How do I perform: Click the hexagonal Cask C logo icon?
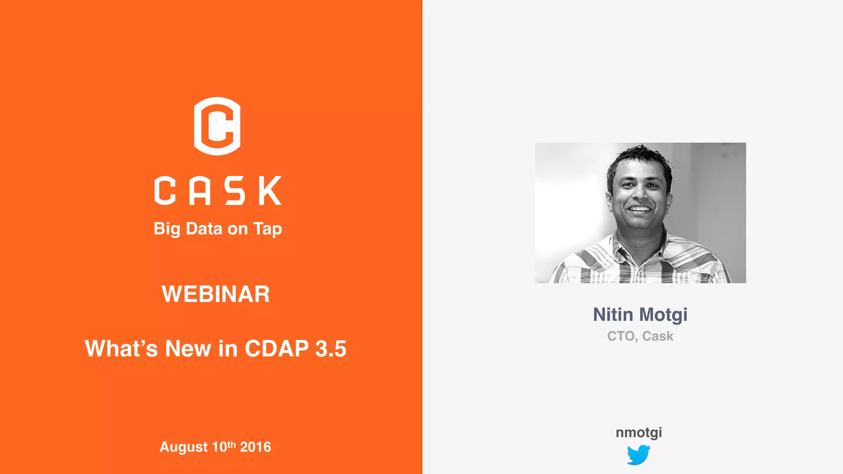coord(217,126)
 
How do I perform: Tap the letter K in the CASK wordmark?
coord(270,191)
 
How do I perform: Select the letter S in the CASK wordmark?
coord(235,191)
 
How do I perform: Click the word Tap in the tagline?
coord(268,229)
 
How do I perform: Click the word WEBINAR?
coord(216,294)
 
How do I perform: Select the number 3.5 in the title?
coord(331,349)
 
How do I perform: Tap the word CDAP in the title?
coord(277,349)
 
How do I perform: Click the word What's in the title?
coord(121,349)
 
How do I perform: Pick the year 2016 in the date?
coord(255,447)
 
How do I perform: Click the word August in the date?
coord(184,447)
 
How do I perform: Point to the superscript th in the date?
coord(231,444)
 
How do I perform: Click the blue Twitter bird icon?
coord(638,455)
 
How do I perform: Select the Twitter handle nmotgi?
coord(639,432)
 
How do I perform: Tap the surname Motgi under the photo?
coord(664,315)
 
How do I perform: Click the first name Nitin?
coord(613,315)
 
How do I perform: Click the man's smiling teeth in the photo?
coord(639,209)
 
